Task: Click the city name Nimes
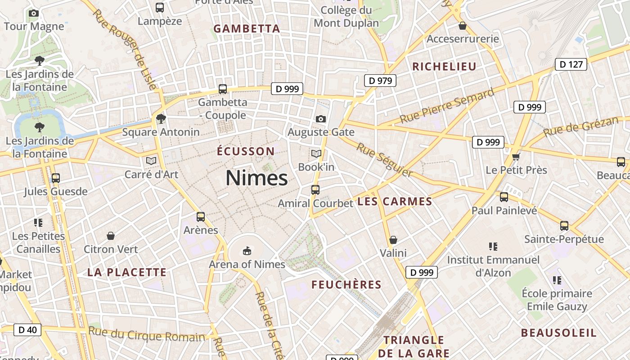tap(256, 178)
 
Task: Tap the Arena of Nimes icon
tap(247, 250)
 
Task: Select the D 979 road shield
tap(380, 81)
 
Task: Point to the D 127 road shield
tap(571, 64)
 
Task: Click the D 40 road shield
tap(27, 330)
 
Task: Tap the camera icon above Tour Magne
tap(34, 13)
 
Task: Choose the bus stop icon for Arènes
tap(201, 217)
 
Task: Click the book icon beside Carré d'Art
tap(151, 161)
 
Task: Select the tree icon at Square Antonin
tap(161, 119)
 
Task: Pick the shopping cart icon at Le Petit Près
tap(516, 157)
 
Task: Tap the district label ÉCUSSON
tap(245, 151)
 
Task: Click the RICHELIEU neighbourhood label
tap(444, 67)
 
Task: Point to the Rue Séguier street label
tap(384, 160)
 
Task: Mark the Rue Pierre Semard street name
tap(446, 107)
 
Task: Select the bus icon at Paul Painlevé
tap(504, 197)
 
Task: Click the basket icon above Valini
tap(393, 240)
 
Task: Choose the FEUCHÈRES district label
tap(346, 285)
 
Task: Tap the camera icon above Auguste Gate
tap(321, 119)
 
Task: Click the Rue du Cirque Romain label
tap(146, 335)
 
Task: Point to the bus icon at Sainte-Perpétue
tap(564, 225)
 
